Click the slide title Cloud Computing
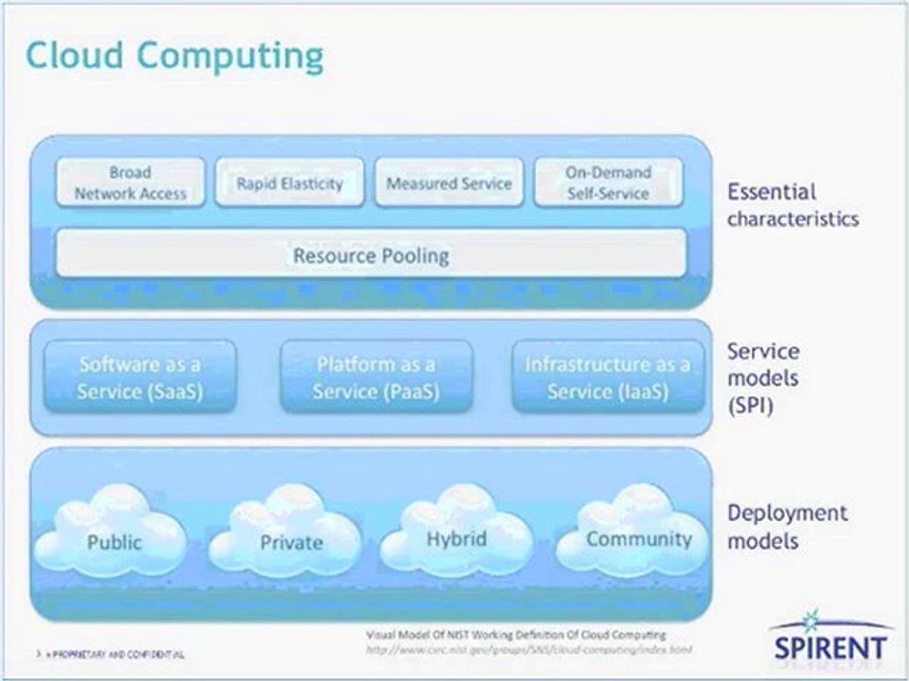(174, 56)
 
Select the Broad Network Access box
(131, 183)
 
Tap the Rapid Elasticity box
(289, 183)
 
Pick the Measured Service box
(449, 183)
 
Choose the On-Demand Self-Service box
(608, 183)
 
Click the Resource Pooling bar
(370, 254)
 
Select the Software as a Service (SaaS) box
(140, 376)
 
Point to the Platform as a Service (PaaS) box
(376, 376)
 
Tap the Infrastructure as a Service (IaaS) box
(608, 376)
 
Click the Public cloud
(114, 540)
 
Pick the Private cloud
(291, 540)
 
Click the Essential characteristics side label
(792, 205)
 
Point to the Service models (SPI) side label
(763, 378)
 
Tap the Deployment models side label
(787, 527)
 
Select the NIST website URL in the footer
(528, 650)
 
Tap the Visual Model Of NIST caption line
(515, 635)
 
